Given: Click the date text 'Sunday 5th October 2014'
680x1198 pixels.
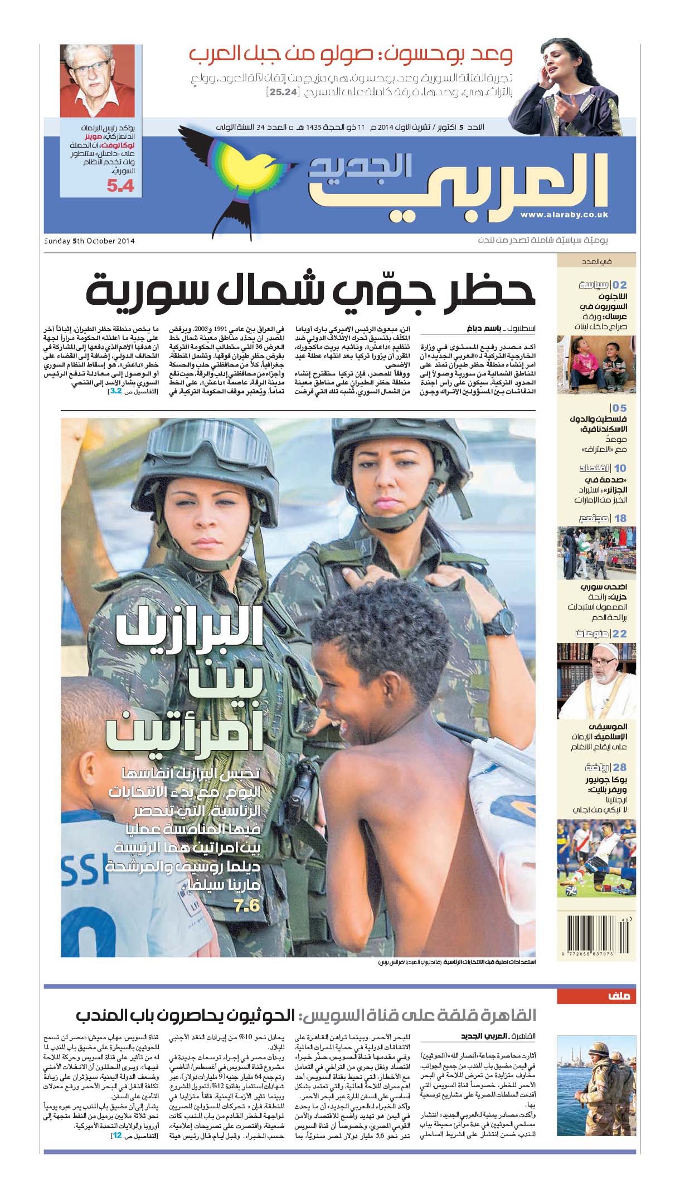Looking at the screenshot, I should click(90, 241).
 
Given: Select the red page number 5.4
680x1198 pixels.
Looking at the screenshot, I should click(120, 186).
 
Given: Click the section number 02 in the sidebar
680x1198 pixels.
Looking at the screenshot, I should click(619, 285).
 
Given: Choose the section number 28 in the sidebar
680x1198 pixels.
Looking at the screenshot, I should click(619, 767).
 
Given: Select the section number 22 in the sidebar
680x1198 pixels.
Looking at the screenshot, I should click(619, 634).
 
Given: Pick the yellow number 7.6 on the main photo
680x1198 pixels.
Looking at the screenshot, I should click(247, 905).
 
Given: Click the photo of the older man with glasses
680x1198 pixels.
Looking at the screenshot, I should click(90, 80).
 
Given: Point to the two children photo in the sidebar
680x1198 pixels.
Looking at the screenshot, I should click(596, 364).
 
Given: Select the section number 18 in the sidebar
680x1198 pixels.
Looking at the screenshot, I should click(620, 518).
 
